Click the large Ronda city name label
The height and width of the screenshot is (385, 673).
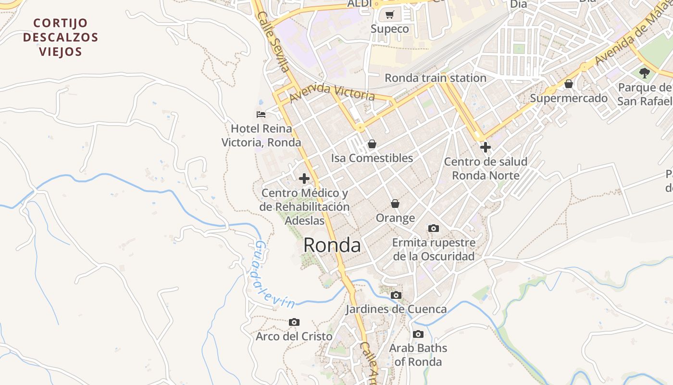332,245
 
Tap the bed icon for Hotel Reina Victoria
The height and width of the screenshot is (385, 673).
261,115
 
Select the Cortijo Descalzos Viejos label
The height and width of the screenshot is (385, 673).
61,37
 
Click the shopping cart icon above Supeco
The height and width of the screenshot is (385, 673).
389,15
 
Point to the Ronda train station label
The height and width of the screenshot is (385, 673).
436,78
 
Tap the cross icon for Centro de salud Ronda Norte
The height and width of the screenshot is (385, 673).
486,147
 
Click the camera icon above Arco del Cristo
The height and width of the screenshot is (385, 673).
294,322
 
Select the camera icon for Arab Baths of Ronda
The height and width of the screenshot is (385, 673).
418,334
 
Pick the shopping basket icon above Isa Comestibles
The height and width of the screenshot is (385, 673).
372,143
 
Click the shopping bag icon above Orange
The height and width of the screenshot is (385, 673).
395,204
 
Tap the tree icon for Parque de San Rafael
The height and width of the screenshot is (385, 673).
644,73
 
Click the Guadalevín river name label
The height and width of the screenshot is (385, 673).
274,275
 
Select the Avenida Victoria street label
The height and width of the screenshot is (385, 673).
332,93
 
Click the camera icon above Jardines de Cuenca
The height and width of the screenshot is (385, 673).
396,295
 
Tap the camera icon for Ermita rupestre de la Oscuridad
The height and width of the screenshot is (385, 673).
434,228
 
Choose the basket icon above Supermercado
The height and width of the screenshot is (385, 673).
569,84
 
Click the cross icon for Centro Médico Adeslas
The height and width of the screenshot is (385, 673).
304,179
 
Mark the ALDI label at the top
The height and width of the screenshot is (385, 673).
360,3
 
